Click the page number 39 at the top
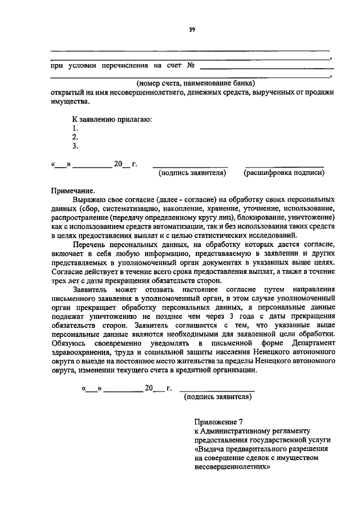pos(192,30)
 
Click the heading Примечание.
pos(73,191)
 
